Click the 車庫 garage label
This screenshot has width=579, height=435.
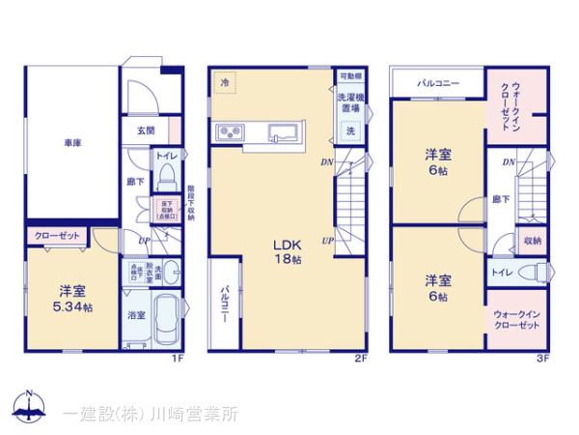pos(72,143)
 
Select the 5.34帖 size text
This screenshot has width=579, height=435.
pos(73,306)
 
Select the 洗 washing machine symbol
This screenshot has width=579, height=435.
pos(350,130)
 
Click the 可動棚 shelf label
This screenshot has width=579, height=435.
pos(350,75)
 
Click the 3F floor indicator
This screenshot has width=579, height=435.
pos(542,359)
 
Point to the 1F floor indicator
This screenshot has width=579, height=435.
pos(177,359)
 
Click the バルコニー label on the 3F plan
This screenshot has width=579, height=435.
pos(438,83)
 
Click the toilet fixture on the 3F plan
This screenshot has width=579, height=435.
pos(529,273)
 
